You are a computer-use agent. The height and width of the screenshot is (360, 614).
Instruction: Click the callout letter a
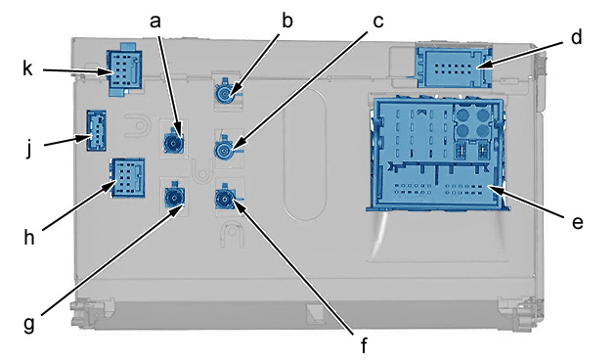click(155, 22)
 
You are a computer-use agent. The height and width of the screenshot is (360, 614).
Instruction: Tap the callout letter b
click(287, 21)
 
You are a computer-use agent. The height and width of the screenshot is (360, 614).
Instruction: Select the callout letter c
click(377, 22)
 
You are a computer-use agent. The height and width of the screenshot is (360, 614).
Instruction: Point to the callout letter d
click(576, 37)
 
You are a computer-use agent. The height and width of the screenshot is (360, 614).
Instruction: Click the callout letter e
click(577, 222)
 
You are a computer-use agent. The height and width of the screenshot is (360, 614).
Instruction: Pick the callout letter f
click(364, 344)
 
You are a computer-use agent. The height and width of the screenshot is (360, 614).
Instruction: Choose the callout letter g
click(28, 325)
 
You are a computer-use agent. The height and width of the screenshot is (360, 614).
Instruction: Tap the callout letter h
click(29, 237)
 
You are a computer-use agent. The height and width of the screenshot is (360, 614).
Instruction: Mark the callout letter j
click(28, 149)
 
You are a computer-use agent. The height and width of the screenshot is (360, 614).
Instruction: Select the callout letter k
click(27, 68)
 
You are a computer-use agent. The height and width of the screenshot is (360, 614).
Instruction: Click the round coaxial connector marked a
click(173, 143)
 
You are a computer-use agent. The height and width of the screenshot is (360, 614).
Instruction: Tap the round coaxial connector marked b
click(226, 93)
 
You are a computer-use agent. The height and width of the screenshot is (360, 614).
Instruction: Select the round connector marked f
click(225, 199)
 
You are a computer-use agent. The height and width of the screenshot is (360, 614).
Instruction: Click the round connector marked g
click(174, 196)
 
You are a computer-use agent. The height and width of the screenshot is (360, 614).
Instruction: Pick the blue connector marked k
click(124, 69)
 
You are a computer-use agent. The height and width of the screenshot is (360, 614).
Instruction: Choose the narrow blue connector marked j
click(96, 130)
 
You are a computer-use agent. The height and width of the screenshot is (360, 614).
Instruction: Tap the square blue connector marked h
click(128, 177)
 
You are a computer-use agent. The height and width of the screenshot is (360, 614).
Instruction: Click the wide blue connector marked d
click(455, 67)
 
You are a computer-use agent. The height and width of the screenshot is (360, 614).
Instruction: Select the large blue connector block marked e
click(437, 154)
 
